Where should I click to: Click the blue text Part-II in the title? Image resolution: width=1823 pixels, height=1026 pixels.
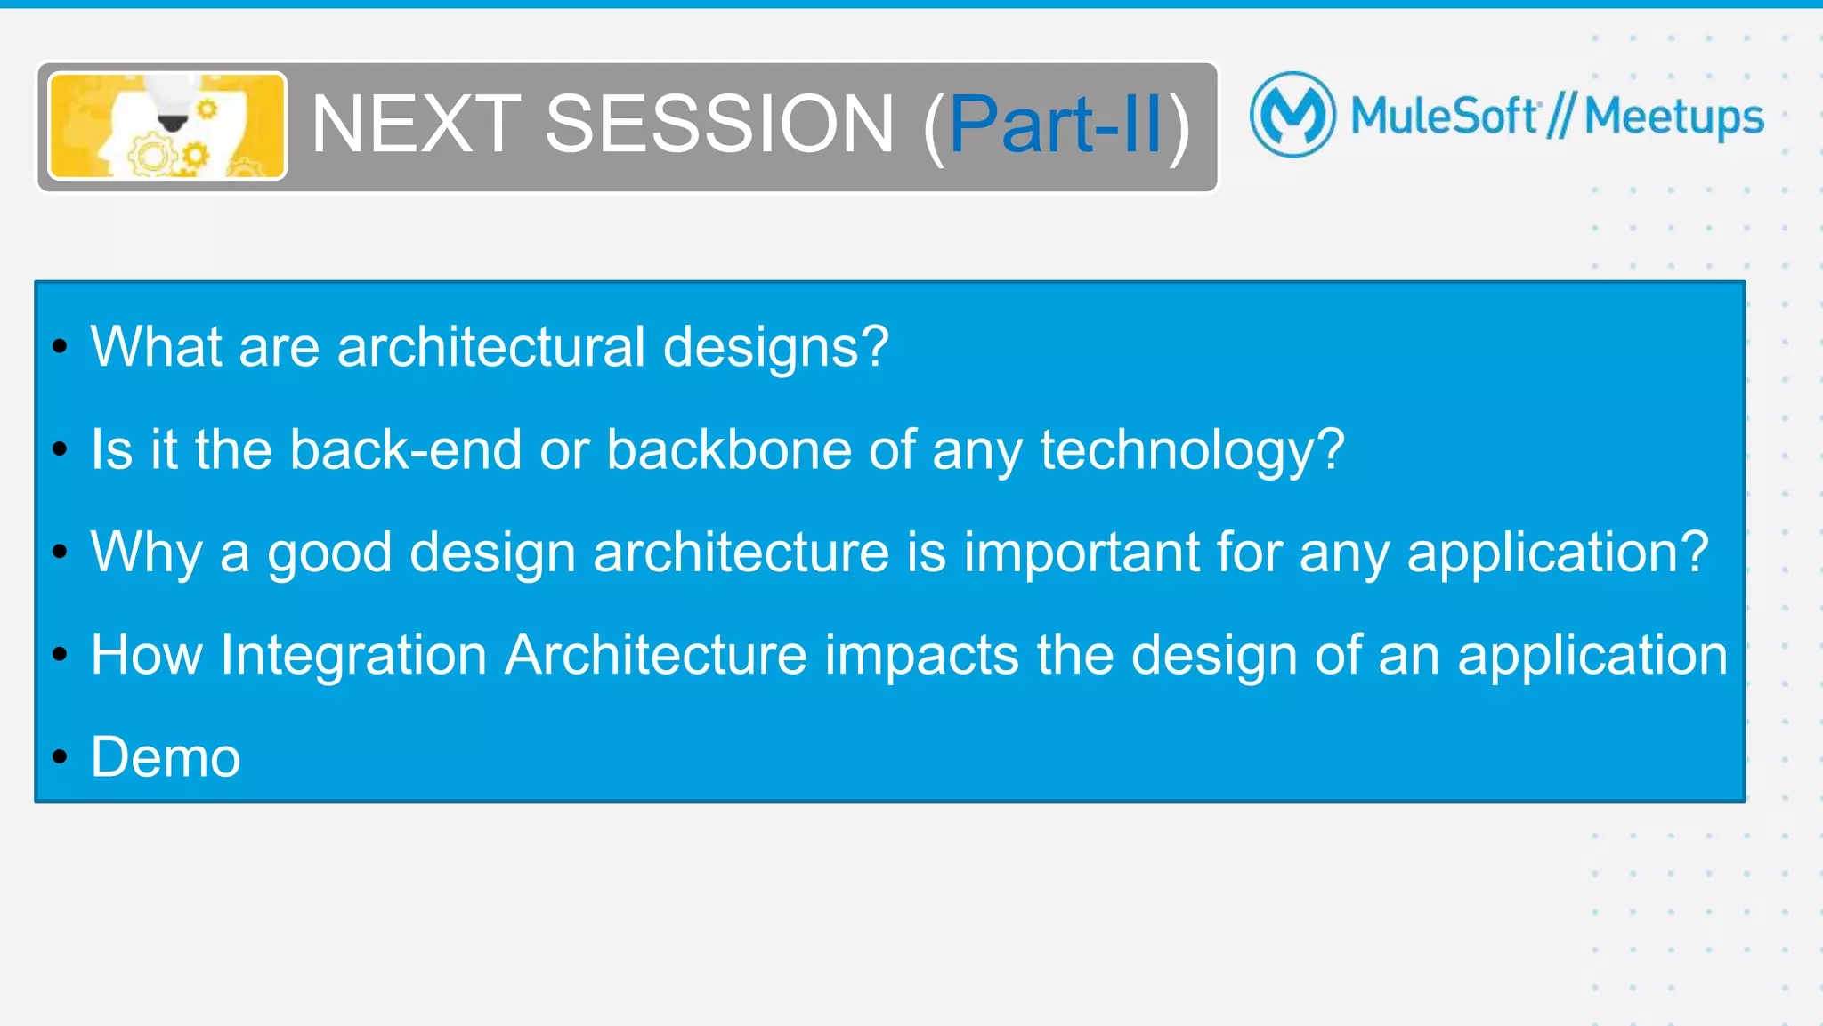1056,125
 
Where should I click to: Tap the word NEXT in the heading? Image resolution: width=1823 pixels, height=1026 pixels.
416,125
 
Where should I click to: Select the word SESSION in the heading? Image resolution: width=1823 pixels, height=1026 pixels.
719,125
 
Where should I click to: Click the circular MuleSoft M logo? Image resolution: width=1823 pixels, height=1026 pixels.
1292,115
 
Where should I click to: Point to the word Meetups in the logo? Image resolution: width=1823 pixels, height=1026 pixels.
1673,117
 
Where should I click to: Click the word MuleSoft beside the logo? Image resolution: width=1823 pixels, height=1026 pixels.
1444,116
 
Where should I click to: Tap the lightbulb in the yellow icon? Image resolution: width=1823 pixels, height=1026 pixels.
171,102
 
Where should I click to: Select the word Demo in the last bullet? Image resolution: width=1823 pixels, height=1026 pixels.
166,758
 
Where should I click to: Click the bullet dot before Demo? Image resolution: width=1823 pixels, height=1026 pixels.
60,757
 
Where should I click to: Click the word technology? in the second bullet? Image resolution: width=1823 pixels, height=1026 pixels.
1192,451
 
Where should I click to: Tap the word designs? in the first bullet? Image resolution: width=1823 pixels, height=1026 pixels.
775,347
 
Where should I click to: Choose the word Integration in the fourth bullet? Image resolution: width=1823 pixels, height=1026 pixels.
353,656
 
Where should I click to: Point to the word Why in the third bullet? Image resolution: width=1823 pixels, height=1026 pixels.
146,553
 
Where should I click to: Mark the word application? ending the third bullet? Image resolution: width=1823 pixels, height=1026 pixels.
1558,553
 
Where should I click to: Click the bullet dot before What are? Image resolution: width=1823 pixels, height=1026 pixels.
60,346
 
